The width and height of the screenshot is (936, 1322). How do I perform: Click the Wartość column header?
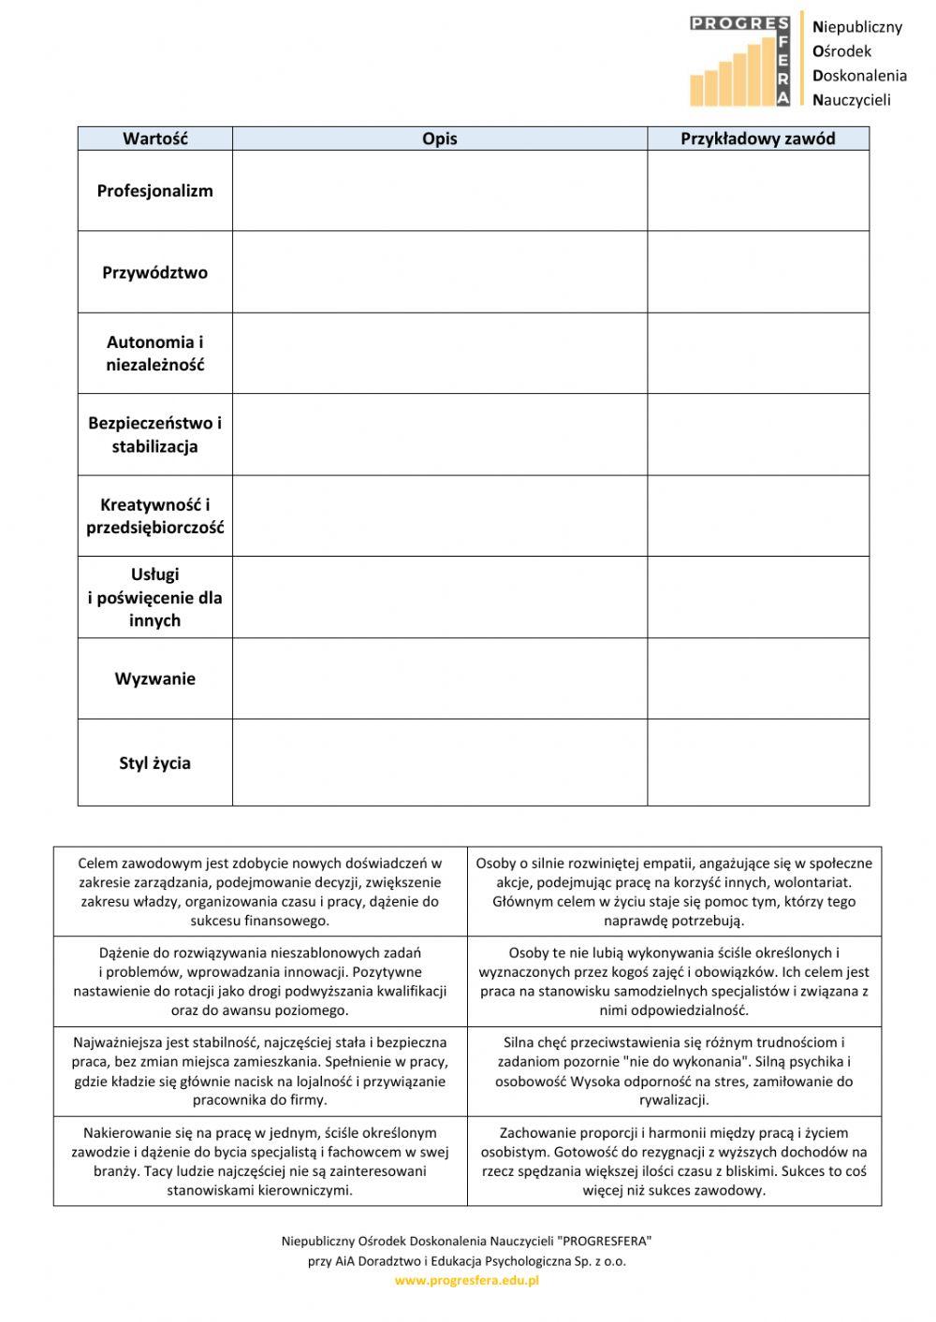154,138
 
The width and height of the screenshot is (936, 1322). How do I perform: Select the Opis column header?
439,138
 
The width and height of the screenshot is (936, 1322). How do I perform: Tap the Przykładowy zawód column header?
757,138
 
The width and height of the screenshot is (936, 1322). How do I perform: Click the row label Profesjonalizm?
154,191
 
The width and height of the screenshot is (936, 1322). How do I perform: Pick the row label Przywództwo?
154,272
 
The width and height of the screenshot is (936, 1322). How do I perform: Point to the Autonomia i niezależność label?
154,354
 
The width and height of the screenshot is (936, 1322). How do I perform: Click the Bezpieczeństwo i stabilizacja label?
154,434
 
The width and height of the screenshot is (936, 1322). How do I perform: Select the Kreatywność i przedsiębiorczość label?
154,516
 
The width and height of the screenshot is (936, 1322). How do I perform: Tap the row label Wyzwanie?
154,678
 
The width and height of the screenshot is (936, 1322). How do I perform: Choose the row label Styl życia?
154,763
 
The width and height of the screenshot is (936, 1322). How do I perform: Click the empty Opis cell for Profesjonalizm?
439,191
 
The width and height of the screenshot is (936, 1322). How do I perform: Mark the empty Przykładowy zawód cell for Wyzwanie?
757,678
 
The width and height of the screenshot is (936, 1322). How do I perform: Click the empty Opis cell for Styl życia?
439,763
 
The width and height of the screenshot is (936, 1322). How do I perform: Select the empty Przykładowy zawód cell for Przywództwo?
757,272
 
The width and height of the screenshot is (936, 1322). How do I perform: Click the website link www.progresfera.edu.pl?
466,1281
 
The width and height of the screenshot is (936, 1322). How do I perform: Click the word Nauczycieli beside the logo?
852,100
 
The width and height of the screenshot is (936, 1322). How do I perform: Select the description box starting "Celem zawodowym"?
260,892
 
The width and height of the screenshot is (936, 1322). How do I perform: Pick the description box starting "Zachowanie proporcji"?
674,1161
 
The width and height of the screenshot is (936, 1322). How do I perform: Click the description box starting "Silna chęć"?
674,1071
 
